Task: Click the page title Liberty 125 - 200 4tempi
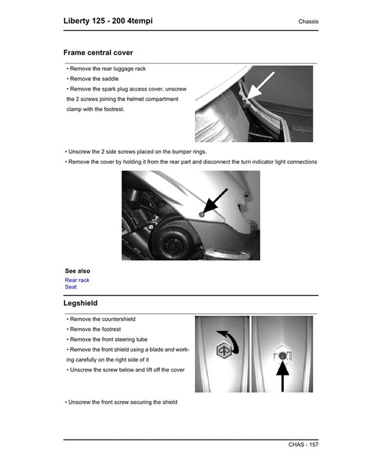(108, 21)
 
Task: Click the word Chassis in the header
(308, 22)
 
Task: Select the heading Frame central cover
(98, 52)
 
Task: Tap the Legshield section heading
(80, 303)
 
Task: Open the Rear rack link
(77, 280)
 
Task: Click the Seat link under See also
(71, 287)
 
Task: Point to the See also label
(78, 271)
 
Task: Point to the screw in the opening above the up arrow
(282, 355)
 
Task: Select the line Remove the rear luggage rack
(107, 69)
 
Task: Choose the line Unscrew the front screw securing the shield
(122, 402)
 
